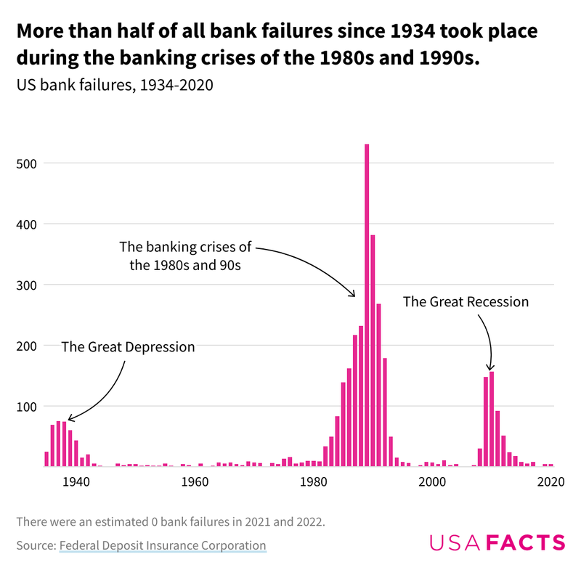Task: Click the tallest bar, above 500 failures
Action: click(x=367, y=305)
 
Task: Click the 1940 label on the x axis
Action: click(x=75, y=481)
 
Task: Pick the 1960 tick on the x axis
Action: click(x=194, y=481)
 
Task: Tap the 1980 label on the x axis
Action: click(x=313, y=481)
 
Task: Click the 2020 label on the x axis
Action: click(x=550, y=481)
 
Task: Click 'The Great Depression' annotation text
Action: click(x=128, y=347)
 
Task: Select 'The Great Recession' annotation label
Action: click(x=466, y=301)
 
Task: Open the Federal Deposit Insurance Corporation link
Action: click(x=163, y=545)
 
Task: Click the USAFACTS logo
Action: click(x=497, y=542)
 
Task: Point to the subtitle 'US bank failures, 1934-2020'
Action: click(x=114, y=85)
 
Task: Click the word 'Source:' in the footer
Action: click(x=36, y=545)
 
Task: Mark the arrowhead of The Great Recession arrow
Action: click(x=491, y=369)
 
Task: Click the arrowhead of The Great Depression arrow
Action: click(x=69, y=419)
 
